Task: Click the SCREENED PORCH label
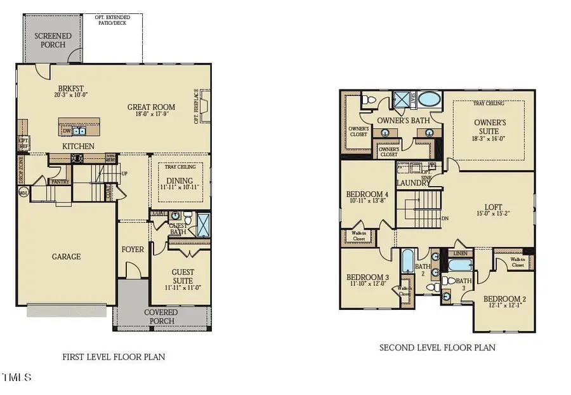53,41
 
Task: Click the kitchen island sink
79,131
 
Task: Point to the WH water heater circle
23,192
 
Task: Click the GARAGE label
66,257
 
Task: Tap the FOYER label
133,250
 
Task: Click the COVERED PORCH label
161,316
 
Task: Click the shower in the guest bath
204,225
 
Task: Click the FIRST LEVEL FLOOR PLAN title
114,357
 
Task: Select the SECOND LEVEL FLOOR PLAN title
437,347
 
